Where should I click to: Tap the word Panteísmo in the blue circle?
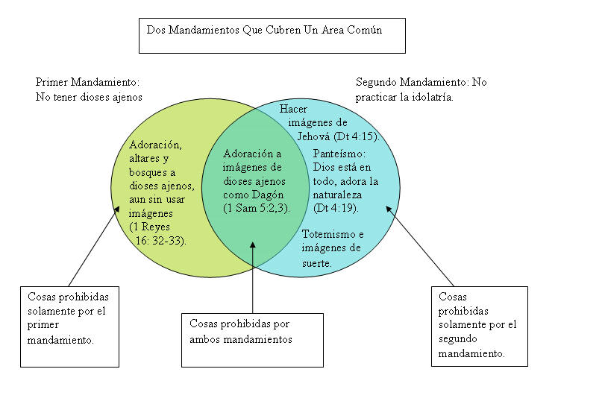coord(339,154)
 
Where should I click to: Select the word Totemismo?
coord(329,234)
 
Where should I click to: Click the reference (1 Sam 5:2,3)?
coord(256,208)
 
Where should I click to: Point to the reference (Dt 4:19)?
coord(336,208)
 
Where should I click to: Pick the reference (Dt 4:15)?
coord(357,136)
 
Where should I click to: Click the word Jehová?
coord(313,136)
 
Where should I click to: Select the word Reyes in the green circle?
coord(155,227)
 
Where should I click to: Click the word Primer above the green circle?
coord(51,82)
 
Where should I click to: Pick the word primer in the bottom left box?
coord(43,326)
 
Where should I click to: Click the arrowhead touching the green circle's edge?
coord(116,209)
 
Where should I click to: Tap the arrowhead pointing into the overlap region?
coord(253,245)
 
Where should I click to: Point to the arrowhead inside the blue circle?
coord(389,209)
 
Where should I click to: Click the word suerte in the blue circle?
coord(317,263)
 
